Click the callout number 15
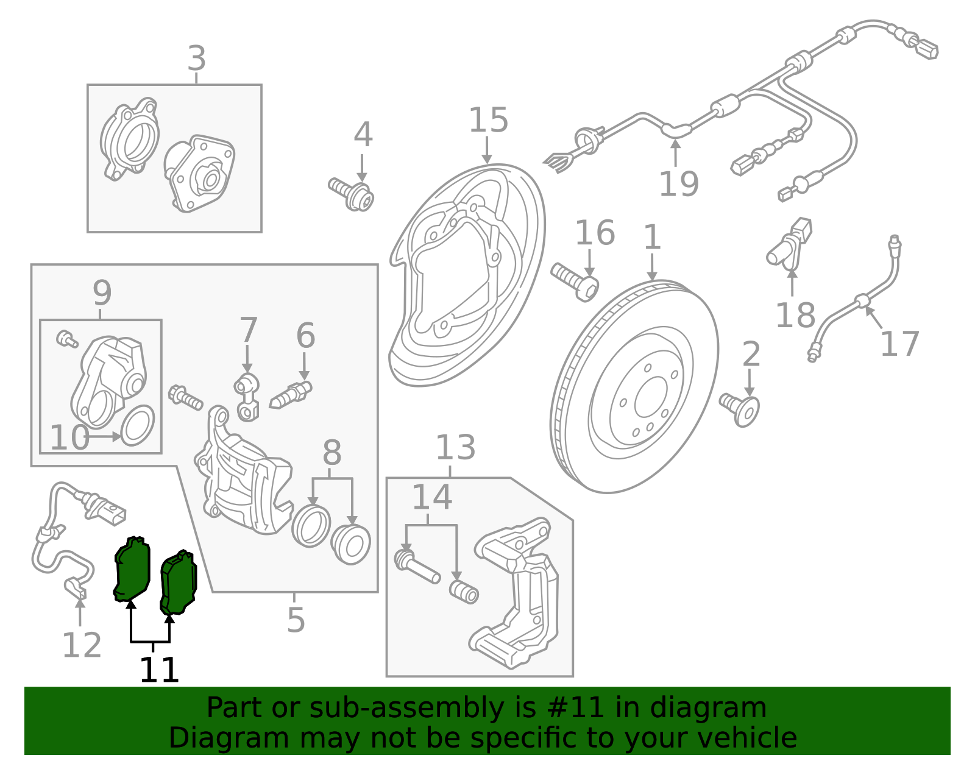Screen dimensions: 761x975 click(488, 120)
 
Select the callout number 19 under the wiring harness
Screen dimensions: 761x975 click(678, 184)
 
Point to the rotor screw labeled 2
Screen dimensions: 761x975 click(740, 408)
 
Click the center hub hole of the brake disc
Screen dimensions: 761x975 click(651, 397)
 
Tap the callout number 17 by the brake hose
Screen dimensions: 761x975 click(899, 344)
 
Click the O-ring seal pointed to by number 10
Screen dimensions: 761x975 click(138, 425)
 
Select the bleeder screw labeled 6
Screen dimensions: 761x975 click(291, 395)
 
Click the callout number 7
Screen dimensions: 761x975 click(248, 331)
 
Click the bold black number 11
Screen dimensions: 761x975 click(159, 670)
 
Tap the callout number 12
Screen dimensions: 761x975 click(82, 645)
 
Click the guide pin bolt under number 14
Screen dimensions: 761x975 click(416, 567)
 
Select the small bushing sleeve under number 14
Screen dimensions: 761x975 click(464, 592)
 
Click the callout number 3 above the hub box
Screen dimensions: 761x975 click(196, 59)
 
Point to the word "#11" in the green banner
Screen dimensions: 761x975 click(575, 708)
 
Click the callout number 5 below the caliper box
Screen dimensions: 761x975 click(296, 620)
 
